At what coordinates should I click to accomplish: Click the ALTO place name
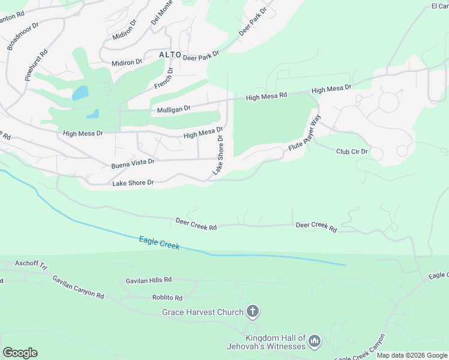pos(170,55)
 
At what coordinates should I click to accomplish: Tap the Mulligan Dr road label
pos(173,109)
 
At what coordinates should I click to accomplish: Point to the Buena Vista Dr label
pos(133,163)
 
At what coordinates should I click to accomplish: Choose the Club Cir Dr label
pos(352,152)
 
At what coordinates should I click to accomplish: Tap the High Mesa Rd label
pos(267,96)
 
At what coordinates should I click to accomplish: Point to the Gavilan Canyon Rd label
pos(78,287)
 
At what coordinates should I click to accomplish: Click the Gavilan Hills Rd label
pos(148,280)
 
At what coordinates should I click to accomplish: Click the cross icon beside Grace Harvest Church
pos(253,311)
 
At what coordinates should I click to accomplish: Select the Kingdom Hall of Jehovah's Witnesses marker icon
pos(315,342)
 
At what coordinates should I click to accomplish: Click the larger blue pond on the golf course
pos(80,93)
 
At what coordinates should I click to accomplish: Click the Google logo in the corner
pos(20,352)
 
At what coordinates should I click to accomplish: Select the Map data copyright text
pos(411,355)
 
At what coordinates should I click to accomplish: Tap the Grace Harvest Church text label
pos(203,312)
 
